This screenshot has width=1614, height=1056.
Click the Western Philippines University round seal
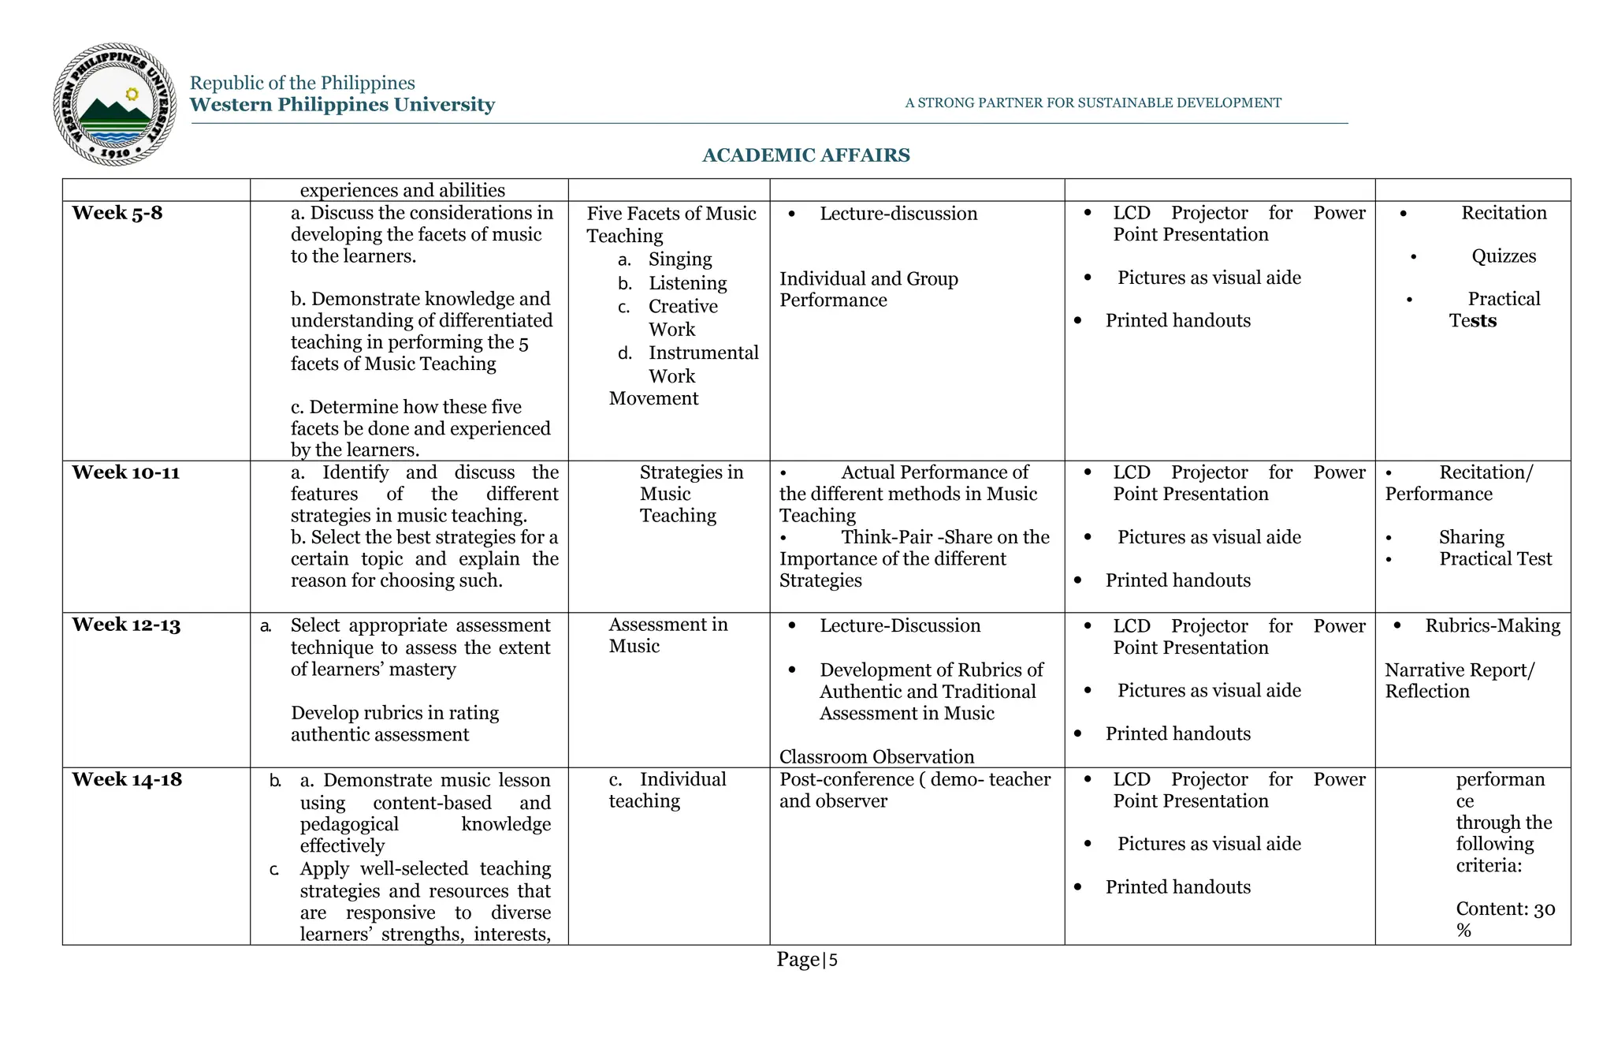(x=115, y=104)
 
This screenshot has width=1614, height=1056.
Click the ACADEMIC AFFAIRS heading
(x=805, y=155)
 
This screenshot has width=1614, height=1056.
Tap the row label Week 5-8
(x=117, y=213)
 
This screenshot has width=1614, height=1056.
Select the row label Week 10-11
(x=125, y=472)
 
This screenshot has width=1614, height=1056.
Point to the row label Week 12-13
(x=126, y=625)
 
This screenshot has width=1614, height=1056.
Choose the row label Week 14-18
(x=126, y=779)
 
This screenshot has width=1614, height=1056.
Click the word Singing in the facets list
(x=679, y=259)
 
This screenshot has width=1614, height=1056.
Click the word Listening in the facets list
(x=687, y=283)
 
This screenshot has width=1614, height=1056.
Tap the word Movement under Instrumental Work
(x=653, y=398)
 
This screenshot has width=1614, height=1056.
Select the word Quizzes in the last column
(x=1504, y=256)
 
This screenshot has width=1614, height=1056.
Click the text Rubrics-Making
(x=1492, y=625)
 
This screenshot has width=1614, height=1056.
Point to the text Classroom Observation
(x=876, y=756)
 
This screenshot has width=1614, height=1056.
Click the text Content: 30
(x=1504, y=909)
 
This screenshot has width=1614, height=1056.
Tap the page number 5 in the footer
(x=833, y=961)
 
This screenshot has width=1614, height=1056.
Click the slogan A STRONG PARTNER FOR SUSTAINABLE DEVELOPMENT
(x=1092, y=103)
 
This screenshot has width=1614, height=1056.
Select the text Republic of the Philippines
(x=302, y=83)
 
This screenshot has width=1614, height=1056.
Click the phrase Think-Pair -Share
(x=915, y=537)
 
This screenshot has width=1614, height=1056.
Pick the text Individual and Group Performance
(x=868, y=289)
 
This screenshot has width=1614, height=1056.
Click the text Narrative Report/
(x=1459, y=670)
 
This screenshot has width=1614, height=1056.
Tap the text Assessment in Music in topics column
(x=667, y=635)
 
